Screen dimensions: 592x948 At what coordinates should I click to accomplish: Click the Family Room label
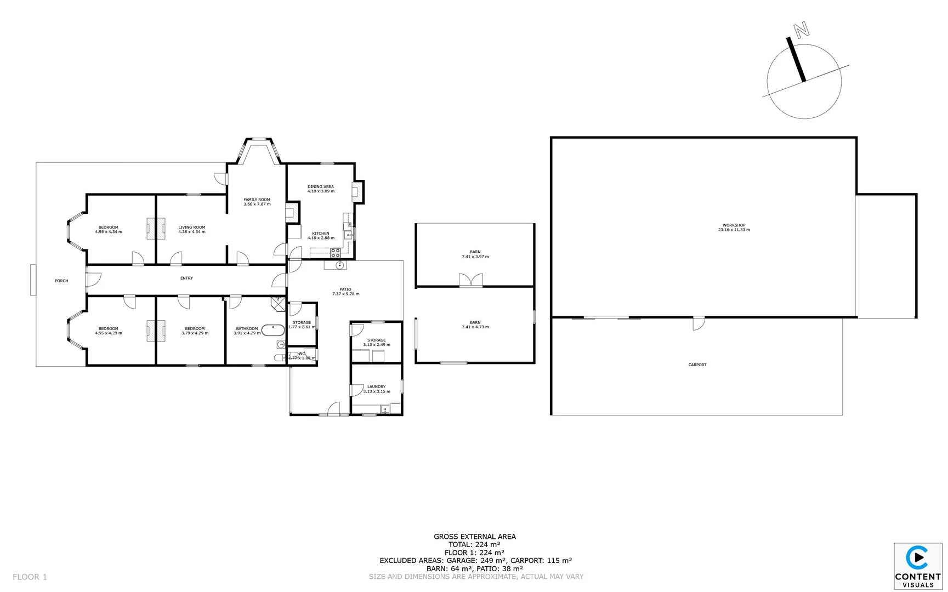(257, 200)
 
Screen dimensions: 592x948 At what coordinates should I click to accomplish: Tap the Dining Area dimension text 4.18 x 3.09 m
(321, 191)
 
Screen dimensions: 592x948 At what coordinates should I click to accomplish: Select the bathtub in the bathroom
(273, 330)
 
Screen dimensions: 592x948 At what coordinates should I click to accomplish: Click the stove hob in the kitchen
(335, 253)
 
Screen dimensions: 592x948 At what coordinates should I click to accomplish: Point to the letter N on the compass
(802, 30)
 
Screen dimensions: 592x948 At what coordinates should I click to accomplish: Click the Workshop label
(734, 225)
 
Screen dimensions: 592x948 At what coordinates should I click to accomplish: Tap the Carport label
(697, 365)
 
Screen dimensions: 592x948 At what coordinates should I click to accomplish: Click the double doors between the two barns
(470, 281)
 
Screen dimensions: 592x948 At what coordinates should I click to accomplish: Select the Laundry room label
(376, 386)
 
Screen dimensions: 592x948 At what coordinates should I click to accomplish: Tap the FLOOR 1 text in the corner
(30, 577)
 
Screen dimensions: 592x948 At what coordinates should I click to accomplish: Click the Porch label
(61, 281)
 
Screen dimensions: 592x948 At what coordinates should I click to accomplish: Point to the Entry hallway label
(186, 278)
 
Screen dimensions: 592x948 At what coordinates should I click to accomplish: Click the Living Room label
(191, 227)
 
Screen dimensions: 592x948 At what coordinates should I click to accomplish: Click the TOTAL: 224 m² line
(474, 544)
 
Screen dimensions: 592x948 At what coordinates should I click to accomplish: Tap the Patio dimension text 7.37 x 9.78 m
(345, 294)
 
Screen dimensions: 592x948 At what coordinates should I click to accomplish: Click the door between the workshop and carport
(699, 323)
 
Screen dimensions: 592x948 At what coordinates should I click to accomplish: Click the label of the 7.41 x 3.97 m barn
(475, 252)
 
